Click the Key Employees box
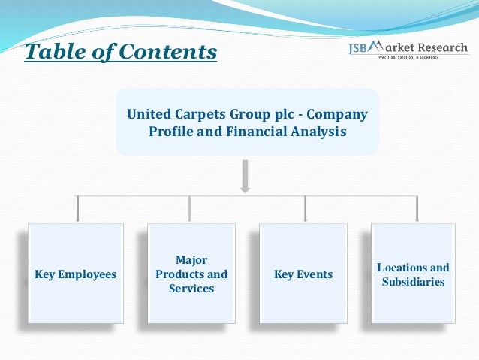click(76, 274)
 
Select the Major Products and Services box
click(191, 274)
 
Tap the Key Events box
click(303, 274)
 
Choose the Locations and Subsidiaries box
click(413, 274)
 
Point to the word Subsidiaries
click(413, 282)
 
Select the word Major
click(191, 260)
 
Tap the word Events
click(315, 274)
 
